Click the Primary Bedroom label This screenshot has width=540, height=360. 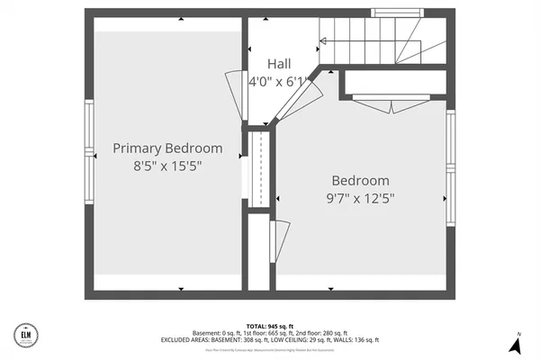[x=166, y=148]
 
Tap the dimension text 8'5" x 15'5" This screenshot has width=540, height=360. [x=166, y=166]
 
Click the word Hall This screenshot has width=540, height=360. [x=278, y=64]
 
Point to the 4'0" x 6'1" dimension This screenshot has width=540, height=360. [x=278, y=81]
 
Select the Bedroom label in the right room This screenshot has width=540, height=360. [x=360, y=180]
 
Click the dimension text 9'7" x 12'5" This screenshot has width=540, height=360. [x=360, y=198]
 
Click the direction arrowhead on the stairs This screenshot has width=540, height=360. [x=322, y=40]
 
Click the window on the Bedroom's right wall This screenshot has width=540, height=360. [x=451, y=171]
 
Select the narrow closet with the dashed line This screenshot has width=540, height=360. [x=259, y=169]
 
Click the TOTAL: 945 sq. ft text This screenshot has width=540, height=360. [x=270, y=326]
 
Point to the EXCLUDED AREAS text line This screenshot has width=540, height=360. [x=270, y=339]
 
